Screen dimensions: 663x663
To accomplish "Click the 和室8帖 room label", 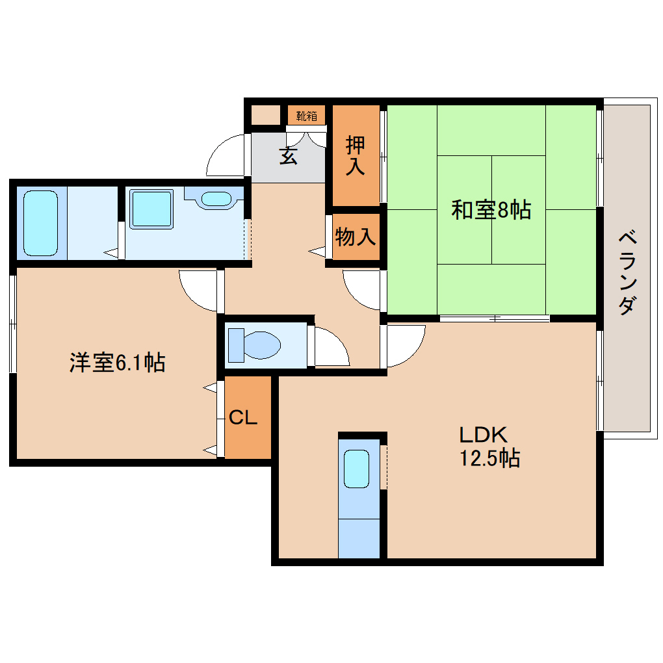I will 491,210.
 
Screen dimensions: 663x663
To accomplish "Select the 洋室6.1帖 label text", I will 117,362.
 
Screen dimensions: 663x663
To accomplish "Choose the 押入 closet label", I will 355,155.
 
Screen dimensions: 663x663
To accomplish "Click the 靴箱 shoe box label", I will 307,116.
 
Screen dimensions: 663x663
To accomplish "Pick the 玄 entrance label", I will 289,155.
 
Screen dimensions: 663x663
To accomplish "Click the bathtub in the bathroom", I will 41,222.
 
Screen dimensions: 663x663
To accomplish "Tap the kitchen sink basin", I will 356,469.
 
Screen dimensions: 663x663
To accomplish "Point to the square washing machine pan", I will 151,209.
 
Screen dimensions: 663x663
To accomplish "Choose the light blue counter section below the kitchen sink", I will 359,538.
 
